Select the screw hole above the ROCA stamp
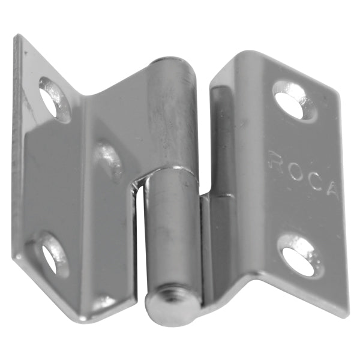[x=295, y=100]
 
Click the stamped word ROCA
[x=304, y=175]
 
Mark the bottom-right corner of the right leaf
[x=347, y=314]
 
